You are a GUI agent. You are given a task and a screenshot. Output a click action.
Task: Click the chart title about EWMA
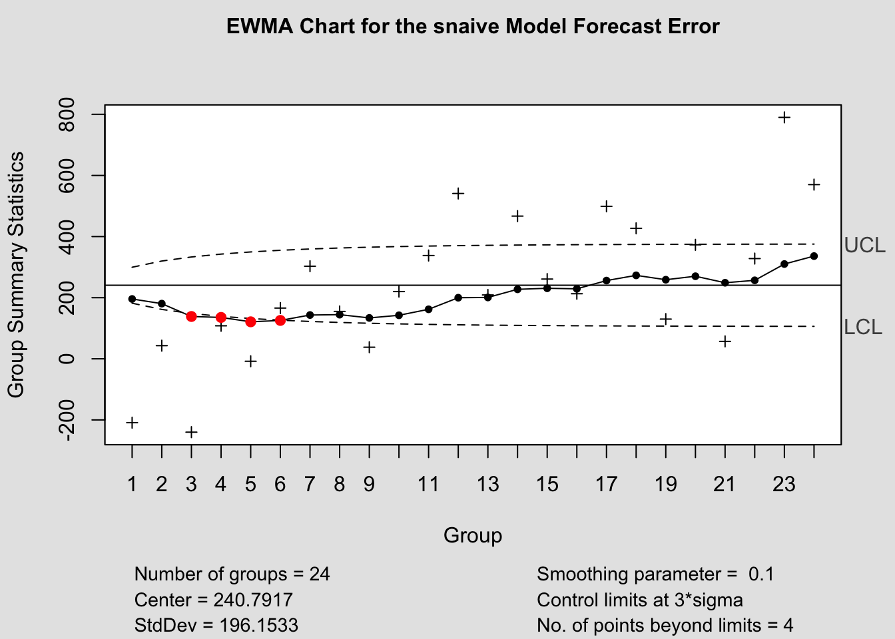click(473, 27)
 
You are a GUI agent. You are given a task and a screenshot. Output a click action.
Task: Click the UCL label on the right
click(864, 246)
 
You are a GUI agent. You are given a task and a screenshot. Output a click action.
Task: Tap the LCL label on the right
click(863, 327)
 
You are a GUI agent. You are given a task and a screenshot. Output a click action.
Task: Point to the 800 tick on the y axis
click(67, 114)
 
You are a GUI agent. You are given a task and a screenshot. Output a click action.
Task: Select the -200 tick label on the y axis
click(67, 420)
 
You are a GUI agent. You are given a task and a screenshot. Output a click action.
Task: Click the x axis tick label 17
click(606, 484)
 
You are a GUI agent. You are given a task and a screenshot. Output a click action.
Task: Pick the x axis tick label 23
click(784, 484)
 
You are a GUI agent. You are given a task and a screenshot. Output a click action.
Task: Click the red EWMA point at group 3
click(191, 316)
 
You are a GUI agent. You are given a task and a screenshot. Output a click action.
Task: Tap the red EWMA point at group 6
click(280, 320)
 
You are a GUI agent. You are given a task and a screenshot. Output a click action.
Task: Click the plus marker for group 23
click(784, 118)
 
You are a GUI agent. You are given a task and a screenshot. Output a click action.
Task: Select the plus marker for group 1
click(132, 423)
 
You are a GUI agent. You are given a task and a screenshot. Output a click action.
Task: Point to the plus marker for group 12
click(458, 194)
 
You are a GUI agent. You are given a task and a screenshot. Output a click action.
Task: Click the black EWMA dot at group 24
click(814, 256)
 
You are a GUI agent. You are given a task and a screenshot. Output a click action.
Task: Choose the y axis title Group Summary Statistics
click(16, 274)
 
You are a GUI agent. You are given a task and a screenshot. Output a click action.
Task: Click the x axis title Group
click(473, 536)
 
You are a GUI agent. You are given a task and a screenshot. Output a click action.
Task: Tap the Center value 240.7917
click(253, 600)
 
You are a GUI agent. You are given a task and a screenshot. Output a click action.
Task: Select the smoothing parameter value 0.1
click(761, 574)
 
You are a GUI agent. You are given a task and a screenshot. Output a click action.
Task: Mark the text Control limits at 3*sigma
click(639, 600)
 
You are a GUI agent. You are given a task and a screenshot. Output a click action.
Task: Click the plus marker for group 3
click(191, 432)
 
